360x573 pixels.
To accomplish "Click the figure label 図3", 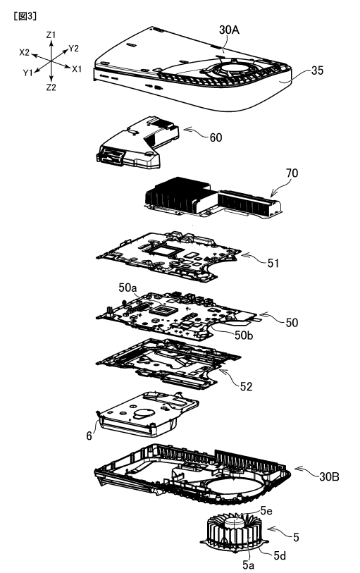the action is (x=25, y=16).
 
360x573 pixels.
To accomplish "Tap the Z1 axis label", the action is (x=51, y=35).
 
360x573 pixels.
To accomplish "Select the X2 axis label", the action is (x=25, y=53).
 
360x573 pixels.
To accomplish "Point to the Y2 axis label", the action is (x=73, y=48).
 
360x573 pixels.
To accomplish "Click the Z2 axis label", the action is (x=51, y=87).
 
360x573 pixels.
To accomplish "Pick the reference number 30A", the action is (x=229, y=30).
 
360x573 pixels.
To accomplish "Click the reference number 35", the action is (x=317, y=70).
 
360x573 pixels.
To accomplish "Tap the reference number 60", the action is (x=216, y=137).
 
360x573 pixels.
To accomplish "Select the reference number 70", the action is (x=292, y=173).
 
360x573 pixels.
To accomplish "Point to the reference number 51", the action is (x=273, y=263).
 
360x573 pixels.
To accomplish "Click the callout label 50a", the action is (x=128, y=288).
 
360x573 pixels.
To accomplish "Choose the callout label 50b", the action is (x=244, y=335).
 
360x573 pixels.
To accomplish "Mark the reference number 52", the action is (x=246, y=386).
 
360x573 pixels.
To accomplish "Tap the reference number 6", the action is (x=89, y=436).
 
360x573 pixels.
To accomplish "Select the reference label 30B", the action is (x=329, y=476).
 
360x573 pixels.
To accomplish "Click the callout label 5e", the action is (x=266, y=511).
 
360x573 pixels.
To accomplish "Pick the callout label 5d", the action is (x=280, y=556).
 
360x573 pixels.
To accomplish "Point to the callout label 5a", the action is (x=248, y=565).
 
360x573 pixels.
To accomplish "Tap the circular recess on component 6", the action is (x=144, y=413).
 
